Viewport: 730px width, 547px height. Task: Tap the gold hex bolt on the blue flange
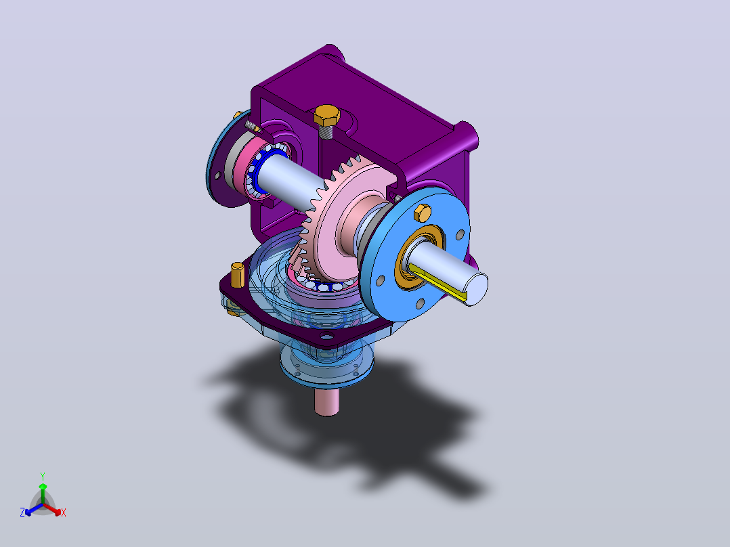423,213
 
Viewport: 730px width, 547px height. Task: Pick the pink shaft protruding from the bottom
327,400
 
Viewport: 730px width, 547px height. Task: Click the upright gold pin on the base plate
238,275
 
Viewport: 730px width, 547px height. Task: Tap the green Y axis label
43,476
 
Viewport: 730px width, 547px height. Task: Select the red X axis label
64,512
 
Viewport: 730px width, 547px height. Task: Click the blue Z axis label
22,512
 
